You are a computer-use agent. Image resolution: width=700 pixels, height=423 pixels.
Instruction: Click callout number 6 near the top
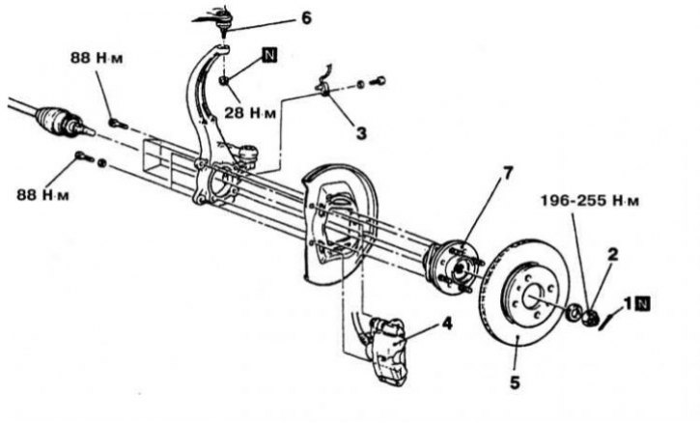click(x=306, y=18)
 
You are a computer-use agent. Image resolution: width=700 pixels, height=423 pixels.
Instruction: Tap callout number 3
click(x=361, y=132)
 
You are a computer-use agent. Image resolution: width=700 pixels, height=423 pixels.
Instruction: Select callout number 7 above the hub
click(x=508, y=173)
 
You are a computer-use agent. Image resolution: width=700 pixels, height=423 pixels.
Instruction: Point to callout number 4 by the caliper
click(x=447, y=324)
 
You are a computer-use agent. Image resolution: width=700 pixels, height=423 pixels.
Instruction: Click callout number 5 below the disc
click(x=515, y=382)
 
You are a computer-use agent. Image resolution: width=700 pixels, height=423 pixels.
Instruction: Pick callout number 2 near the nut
click(x=613, y=254)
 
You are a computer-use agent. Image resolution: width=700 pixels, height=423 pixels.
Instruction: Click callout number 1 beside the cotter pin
click(x=629, y=304)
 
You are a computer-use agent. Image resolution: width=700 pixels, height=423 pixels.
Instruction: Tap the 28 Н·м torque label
click(x=250, y=113)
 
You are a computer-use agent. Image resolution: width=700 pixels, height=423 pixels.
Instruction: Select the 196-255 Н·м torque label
click(x=590, y=201)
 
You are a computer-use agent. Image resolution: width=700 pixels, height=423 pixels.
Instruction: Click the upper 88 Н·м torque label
click(x=97, y=58)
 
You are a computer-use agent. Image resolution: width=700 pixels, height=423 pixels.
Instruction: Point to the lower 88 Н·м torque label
click(x=43, y=195)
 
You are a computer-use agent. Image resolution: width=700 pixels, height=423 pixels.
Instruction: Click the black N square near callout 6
click(x=269, y=55)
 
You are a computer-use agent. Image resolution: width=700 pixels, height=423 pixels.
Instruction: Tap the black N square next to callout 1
click(x=643, y=304)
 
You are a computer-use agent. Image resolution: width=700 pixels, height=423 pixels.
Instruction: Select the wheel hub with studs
click(x=453, y=268)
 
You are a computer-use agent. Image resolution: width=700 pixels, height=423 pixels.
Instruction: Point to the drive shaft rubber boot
click(x=54, y=120)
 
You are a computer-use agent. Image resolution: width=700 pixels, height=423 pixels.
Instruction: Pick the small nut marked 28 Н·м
click(x=224, y=80)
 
